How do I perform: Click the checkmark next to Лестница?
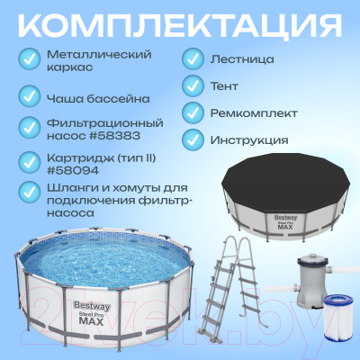(192, 59)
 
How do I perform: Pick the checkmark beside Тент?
(192, 86)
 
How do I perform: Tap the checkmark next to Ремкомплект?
(192, 113)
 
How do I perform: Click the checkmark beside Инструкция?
(192, 140)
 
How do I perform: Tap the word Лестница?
(244, 59)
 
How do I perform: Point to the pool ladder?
(229, 279)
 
